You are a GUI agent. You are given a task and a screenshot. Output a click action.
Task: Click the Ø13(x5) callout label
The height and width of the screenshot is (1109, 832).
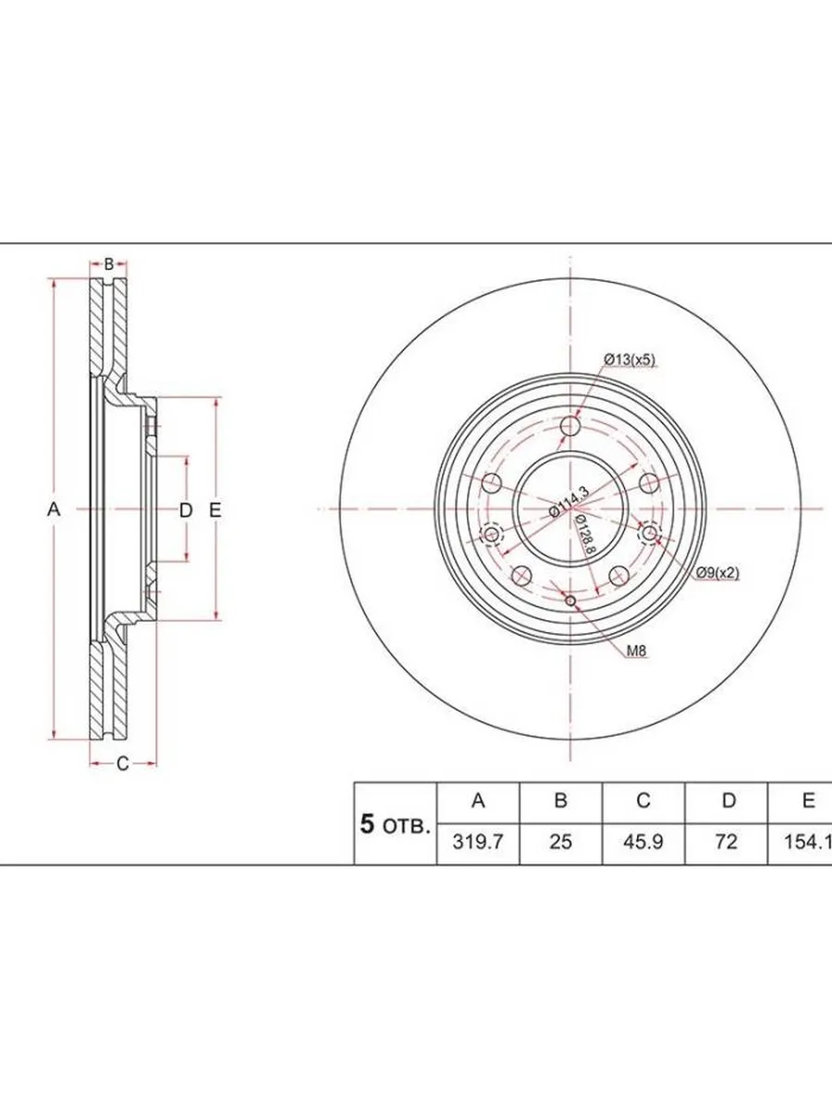click(629, 360)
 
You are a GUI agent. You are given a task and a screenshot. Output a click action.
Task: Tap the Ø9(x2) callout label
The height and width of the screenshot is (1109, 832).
click(717, 573)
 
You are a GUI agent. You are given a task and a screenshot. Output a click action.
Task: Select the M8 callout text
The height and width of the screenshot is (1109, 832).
click(637, 652)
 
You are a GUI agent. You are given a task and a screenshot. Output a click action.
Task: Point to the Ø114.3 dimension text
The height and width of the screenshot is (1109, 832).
click(569, 501)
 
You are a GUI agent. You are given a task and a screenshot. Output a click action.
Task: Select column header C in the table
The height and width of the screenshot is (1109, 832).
click(643, 800)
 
